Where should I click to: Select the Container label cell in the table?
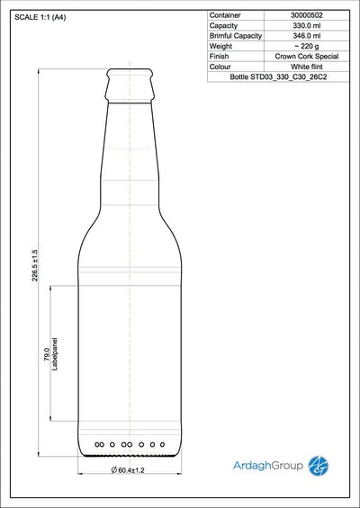click(x=225, y=16)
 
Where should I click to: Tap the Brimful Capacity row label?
click(x=236, y=36)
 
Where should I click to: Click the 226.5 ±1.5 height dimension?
click(x=35, y=265)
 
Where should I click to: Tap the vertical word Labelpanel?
click(x=56, y=352)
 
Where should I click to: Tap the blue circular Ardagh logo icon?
click(x=319, y=465)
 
